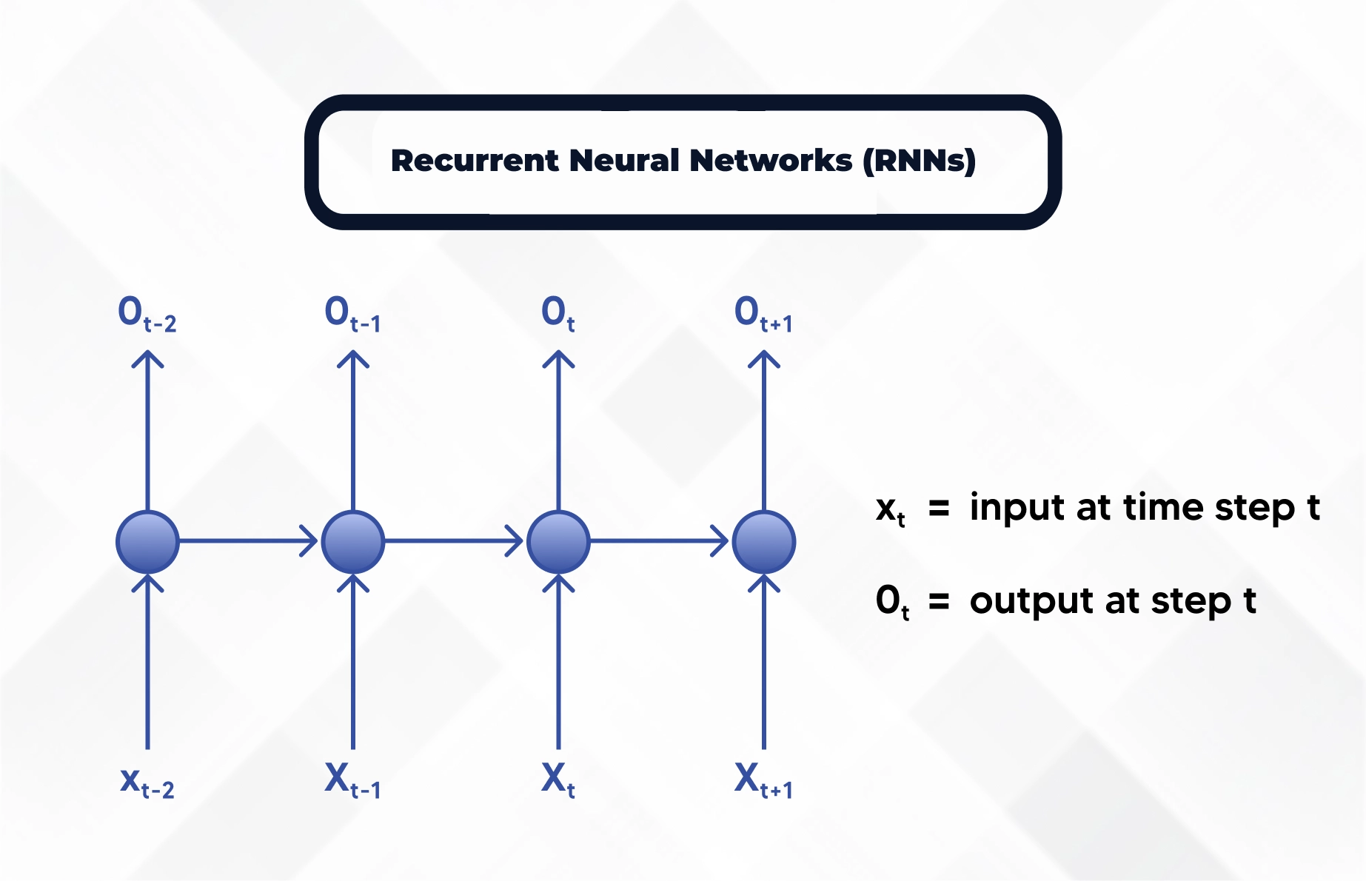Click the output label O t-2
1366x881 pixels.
147,314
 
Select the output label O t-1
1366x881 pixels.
352,314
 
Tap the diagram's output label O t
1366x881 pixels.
558,314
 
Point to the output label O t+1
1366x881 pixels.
763,314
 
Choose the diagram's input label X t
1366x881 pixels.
558,780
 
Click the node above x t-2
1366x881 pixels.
147,542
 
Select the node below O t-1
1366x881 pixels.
353,542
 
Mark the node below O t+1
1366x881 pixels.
764,542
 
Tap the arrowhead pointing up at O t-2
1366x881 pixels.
147,359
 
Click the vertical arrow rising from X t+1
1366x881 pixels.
764,666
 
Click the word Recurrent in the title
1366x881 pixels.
474,161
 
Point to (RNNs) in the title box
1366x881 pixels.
920,161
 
